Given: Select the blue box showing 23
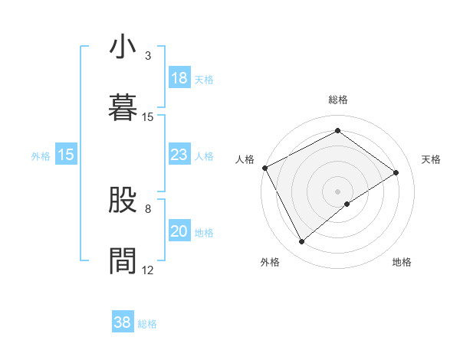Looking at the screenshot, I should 179,155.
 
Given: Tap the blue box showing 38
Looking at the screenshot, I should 123,323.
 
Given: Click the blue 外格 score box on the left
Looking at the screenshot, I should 66,155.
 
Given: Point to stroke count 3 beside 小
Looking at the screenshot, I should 148,56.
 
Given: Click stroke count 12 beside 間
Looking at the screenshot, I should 148,270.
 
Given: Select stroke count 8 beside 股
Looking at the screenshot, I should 148,208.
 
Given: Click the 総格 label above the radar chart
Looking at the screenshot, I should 337,100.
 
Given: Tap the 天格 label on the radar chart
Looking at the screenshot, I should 431,159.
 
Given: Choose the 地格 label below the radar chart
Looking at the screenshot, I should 402,263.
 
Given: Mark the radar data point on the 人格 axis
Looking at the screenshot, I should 264,168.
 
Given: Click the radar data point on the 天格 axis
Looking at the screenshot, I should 396,172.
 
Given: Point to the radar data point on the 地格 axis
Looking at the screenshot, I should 347,204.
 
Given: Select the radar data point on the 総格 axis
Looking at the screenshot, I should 337,130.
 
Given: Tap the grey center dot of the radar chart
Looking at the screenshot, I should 337,191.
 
